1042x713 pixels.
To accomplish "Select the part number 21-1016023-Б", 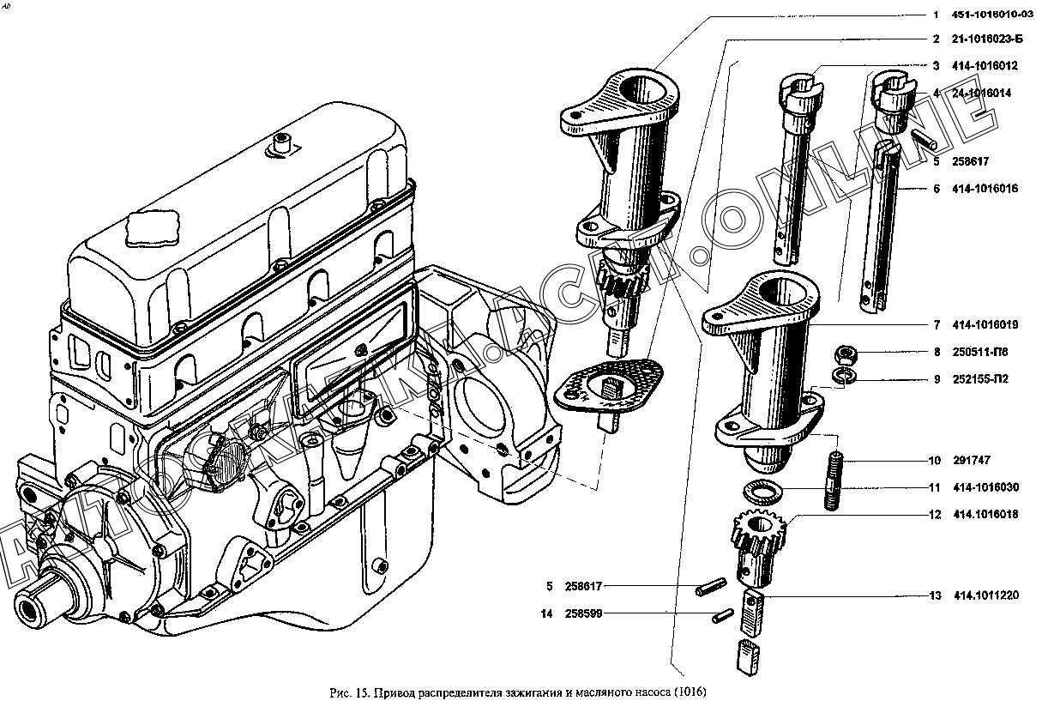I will coord(987,39).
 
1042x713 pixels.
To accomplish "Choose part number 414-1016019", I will coord(985,325).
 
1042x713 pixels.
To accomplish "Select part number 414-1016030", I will coord(985,487).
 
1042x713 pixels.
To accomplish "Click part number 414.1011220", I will coord(985,595).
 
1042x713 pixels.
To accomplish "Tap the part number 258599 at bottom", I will coord(584,613).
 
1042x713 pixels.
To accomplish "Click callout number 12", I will coord(935,516).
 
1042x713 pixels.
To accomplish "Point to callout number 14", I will coord(546,613).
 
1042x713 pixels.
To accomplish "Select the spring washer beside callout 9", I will coord(846,375).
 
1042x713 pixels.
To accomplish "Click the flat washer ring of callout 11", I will coord(762,492).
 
